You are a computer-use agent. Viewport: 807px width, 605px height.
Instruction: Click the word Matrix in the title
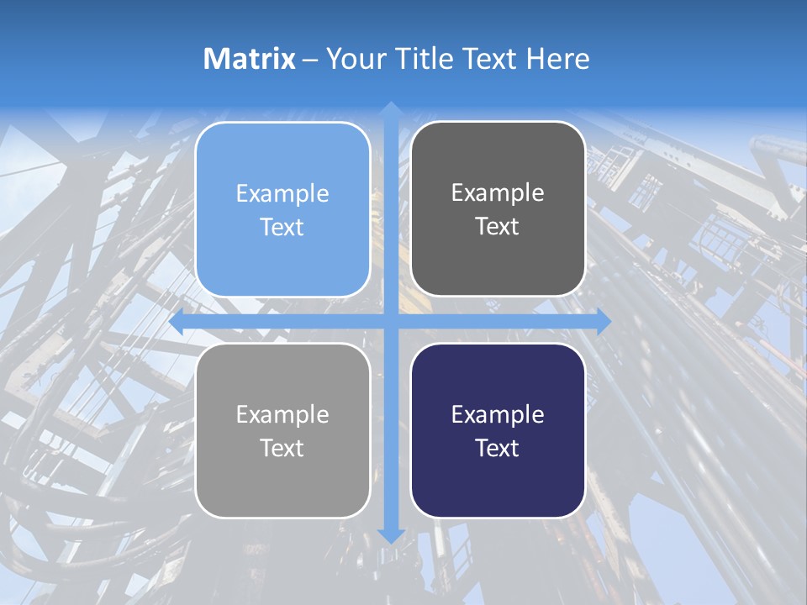(x=250, y=59)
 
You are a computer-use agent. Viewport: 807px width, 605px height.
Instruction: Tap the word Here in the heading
(x=557, y=59)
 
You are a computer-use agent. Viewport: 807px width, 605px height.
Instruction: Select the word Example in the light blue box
(x=282, y=194)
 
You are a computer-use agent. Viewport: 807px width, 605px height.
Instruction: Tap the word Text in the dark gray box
(x=498, y=227)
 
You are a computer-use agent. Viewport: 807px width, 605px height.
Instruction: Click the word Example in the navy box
(x=498, y=414)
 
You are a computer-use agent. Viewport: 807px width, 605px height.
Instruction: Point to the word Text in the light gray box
(x=282, y=448)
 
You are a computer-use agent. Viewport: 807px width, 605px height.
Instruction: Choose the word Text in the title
(x=487, y=59)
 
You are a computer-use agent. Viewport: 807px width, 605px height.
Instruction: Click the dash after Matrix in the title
(x=310, y=60)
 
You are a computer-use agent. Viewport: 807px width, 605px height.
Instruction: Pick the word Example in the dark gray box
(x=498, y=193)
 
